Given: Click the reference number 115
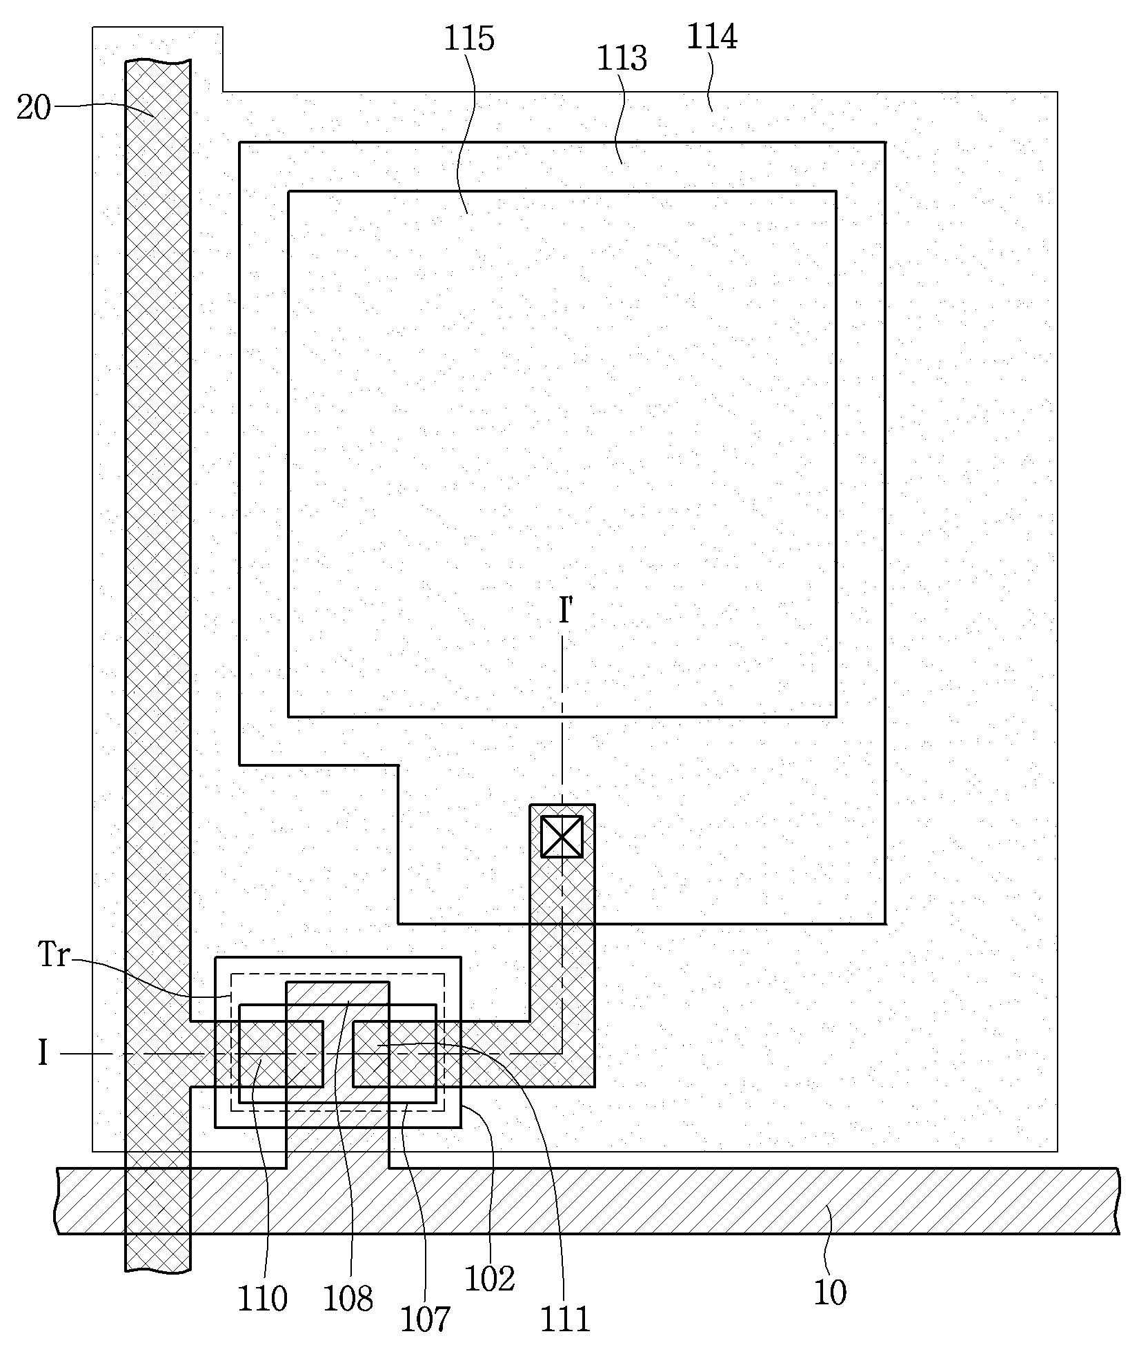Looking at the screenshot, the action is (x=469, y=39).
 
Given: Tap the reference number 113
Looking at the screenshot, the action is (x=622, y=59).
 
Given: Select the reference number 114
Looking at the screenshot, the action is (x=712, y=37).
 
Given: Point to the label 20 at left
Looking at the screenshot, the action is (x=34, y=108).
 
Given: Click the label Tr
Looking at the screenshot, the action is (x=54, y=956).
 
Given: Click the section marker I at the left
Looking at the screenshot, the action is (x=43, y=1054).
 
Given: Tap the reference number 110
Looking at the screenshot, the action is (x=262, y=1299).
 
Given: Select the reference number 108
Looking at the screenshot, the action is (x=348, y=1298).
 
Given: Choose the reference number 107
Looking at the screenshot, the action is (x=426, y=1319).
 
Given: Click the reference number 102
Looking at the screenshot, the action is (x=490, y=1279).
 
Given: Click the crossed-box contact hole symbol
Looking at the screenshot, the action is (x=562, y=836).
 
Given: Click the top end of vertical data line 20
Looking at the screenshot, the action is (x=158, y=62).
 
